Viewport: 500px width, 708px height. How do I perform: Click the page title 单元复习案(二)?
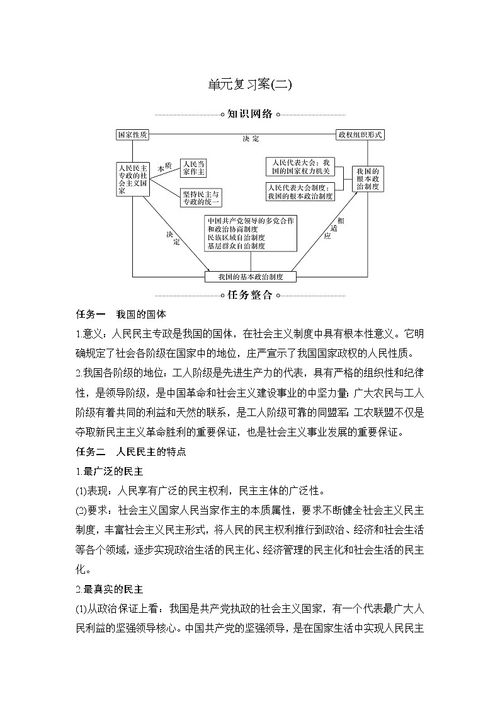(250, 84)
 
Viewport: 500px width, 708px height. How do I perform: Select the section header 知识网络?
(250, 114)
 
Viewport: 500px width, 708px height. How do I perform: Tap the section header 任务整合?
(250, 294)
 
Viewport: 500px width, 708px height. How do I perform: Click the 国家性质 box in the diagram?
(132, 135)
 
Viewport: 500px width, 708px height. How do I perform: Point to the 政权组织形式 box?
(360, 135)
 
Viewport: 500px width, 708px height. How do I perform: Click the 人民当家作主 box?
(193, 167)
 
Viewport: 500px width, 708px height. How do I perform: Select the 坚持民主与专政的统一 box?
(201, 198)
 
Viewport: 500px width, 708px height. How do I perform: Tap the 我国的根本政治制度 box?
(367, 178)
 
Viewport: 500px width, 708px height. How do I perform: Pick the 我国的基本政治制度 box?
(251, 277)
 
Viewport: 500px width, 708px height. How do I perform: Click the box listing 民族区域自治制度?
(251, 233)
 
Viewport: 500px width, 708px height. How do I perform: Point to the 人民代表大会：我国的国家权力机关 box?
(300, 166)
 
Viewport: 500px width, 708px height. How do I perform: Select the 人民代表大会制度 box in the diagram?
(300, 192)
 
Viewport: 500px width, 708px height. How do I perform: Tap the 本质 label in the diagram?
(164, 168)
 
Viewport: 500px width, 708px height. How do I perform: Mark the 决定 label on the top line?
(251, 139)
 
